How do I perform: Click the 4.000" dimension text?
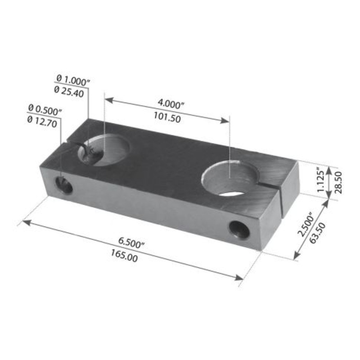(x=171, y=104)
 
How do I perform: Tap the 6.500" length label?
(x=131, y=243)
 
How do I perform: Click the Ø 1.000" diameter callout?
(x=72, y=80)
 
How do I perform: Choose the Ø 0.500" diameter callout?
(x=45, y=109)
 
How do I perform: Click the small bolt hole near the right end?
(x=239, y=230)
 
